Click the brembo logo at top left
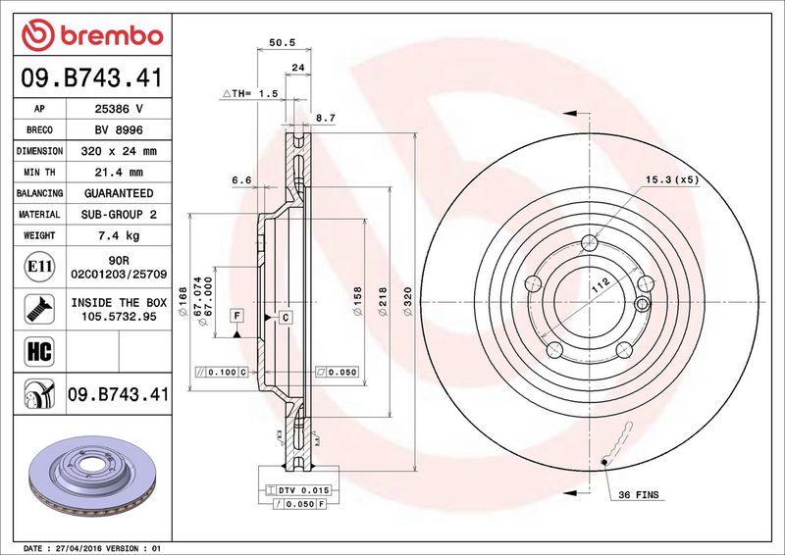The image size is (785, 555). [x=92, y=35]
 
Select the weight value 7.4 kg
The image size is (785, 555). [x=119, y=235]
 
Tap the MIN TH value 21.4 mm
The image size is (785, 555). [x=119, y=173]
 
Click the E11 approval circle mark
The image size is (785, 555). [x=39, y=267]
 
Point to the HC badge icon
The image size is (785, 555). [x=39, y=351]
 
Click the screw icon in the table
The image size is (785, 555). [x=39, y=309]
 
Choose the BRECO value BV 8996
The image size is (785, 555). [x=119, y=130]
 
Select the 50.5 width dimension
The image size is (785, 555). [x=283, y=42]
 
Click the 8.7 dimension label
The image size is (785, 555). [x=326, y=118]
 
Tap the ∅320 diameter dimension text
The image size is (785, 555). [x=407, y=301]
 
